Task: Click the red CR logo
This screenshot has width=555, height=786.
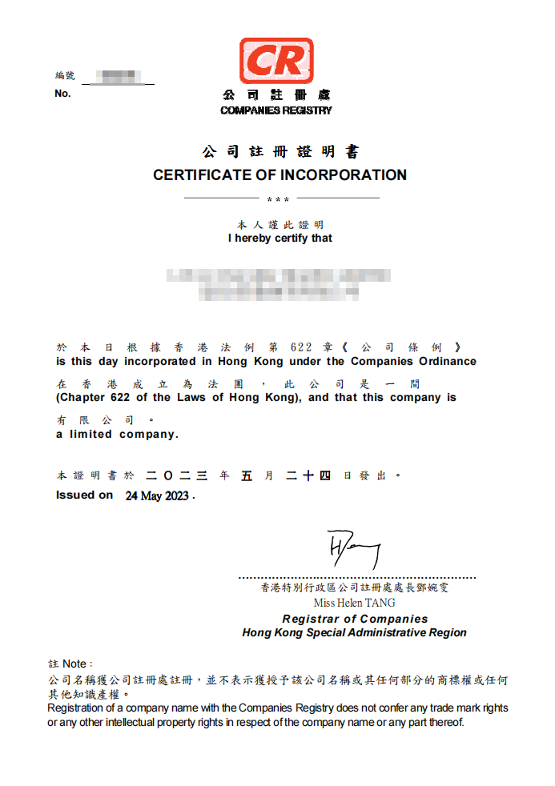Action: tap(276, 61)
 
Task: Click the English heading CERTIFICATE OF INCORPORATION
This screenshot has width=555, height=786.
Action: tap(280, 174)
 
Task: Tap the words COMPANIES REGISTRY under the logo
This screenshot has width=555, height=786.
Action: tap(276, 110)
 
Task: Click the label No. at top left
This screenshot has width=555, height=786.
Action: tap(62, 94)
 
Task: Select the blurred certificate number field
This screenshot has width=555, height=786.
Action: tap(118, 78)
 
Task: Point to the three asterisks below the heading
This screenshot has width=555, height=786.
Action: tap(278, 199)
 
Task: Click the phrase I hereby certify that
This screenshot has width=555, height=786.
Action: tap(280, 238)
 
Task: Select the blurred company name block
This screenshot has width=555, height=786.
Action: tap(279, 285)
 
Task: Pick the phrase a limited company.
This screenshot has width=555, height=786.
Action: tap(117, 435)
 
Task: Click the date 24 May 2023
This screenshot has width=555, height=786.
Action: tap(157, 496)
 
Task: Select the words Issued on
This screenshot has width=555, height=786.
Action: tap(84, 495)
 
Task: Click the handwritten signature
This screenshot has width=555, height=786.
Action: tap(352, 548)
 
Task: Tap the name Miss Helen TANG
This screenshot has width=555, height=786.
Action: tap(355, 603)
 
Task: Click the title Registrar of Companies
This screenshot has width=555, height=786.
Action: tap(355, 619)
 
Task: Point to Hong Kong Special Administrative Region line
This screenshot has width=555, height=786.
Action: tap(354, 632)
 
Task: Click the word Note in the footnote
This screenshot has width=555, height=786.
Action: tap(74, 664)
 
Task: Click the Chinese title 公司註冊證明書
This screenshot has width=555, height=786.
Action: tap(280, 152)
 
